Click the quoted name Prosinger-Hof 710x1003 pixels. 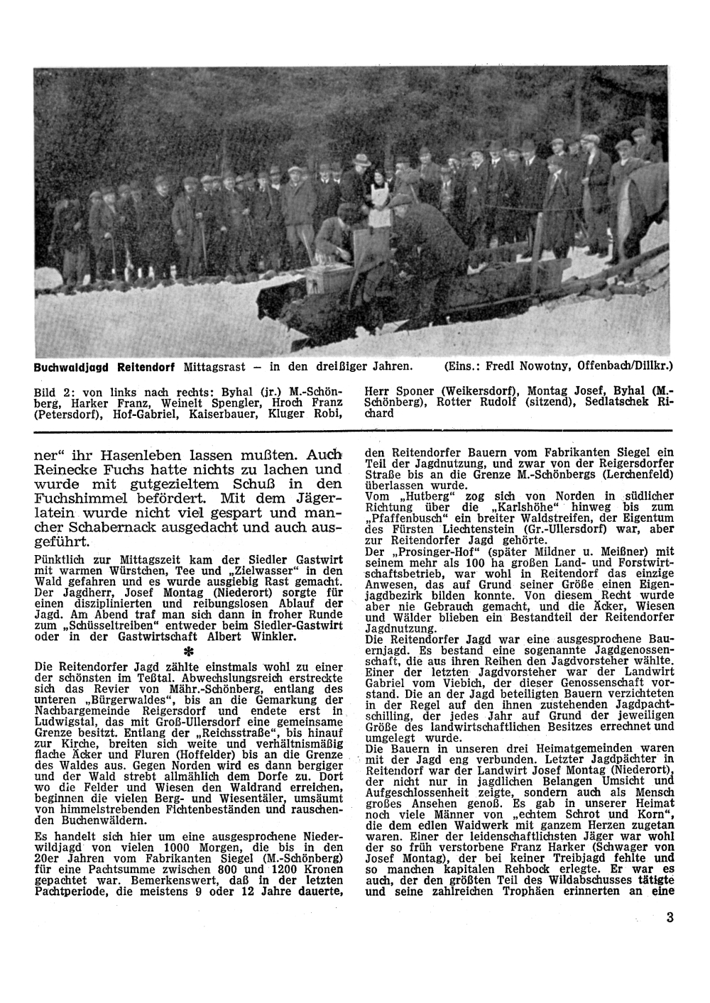(436, 550)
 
